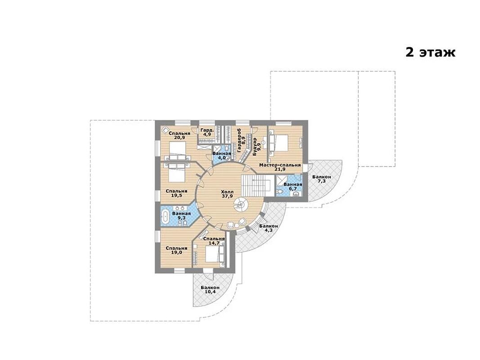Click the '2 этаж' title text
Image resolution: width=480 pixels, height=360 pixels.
pyautogui.click(x=431, y=52)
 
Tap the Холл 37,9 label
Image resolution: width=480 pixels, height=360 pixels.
pyautogui.click(x=227, y=194)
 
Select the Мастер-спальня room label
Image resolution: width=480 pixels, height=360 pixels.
pyautogui.click(x=280, y=167)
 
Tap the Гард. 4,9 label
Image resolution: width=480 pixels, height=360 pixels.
pyautogui.click(x=207, y=132)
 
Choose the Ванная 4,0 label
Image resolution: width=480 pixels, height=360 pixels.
pyautogui.click(x=221, y=156)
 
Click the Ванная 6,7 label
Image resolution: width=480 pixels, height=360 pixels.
pyautogui.click(x=293, y=186)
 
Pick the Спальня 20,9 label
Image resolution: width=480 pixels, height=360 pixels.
pyautogui.click(x=179, y=135)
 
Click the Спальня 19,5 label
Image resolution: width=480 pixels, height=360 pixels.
pyautogui.click(x=176, y=193)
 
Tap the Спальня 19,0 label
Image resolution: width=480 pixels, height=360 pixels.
pyautogui.click(x=176, y=250)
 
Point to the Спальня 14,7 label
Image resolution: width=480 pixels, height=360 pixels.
pyautogui.click(x=214, y=241)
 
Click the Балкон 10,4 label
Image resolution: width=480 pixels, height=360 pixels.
pyautogui.click(x=210, y=290)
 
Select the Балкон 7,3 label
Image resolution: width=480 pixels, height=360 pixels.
pyautogui.click(x=322, y=179)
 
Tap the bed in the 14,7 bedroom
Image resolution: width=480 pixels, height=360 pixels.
pyautogui.click(x=212, y=254)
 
